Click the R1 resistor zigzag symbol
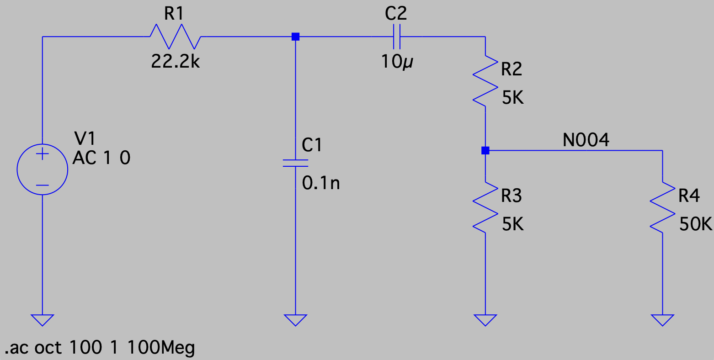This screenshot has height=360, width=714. tap(175, 37)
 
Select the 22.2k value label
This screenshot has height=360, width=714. tap(176, 62)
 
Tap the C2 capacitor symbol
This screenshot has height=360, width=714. tap(396, 37)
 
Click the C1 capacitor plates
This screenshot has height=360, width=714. tap(295, 163)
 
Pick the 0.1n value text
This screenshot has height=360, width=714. tap(321, 183)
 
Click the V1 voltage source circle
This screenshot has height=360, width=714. tap(43, 169)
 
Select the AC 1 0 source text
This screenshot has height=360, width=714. tap(101, 158)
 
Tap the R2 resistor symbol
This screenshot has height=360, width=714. tap(485, 81)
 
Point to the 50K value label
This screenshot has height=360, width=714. tap(695, 224)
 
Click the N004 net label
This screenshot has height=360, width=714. tap(586, 140)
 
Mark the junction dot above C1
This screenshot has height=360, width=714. tap(295, 37)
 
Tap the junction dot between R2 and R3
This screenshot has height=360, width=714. tap(485, 150)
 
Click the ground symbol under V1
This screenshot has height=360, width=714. tap(43, 319)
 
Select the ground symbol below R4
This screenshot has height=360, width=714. tap(662, 319)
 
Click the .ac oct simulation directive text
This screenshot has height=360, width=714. tap(100, 348)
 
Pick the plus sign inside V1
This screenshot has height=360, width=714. tap(43, 154)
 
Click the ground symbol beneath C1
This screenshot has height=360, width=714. tap(295, 319)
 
